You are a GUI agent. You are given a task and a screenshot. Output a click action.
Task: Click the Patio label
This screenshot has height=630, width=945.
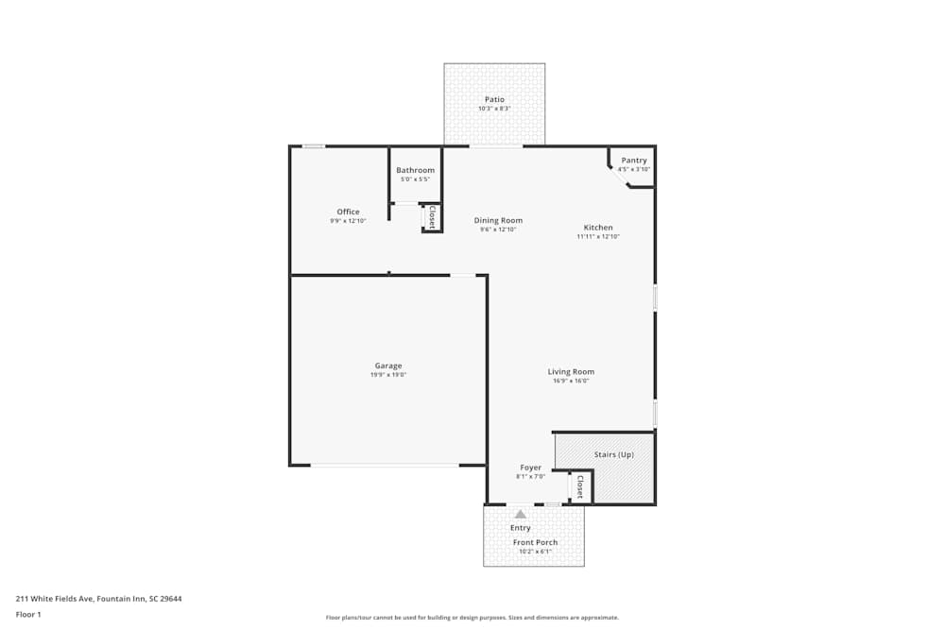point(494,99)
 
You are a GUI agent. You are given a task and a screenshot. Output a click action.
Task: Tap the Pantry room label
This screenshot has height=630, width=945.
point(634,161)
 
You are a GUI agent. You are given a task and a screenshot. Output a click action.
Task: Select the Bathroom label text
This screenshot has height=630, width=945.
point(415,170)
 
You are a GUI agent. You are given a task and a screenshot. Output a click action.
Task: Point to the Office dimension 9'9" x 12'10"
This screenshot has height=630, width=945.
point(348,220)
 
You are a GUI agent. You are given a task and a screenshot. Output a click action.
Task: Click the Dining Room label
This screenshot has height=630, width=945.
point(498,220)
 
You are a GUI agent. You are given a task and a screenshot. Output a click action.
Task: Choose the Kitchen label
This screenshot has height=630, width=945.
point(598,228)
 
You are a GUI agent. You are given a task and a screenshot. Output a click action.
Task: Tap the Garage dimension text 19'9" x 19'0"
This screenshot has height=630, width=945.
point(387,375)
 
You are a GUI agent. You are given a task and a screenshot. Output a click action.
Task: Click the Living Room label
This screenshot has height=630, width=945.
point(571,371)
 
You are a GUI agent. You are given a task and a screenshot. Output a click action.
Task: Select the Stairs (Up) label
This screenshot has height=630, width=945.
point(614,454)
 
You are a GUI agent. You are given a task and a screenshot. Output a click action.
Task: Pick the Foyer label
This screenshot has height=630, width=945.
point(530,468)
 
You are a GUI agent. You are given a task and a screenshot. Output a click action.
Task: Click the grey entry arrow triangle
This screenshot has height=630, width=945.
point(520,514)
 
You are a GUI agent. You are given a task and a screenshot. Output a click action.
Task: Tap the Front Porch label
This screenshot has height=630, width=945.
point(535,542)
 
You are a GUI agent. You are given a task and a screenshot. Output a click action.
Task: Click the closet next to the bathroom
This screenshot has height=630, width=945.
point(432,217)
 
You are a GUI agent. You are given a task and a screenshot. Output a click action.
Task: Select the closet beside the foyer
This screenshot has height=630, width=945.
point(580,486)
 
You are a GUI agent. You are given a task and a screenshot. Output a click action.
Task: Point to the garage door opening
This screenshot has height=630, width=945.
point(385,465)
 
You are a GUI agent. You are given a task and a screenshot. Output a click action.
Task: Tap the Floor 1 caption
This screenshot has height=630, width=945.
point(28,614)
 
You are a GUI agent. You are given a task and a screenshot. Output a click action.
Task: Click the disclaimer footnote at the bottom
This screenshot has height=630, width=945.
point(472,618)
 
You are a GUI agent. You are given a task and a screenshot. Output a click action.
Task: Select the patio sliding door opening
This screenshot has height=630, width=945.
point(496,146)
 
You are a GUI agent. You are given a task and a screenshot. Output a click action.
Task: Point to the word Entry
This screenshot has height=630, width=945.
point(521,528)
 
